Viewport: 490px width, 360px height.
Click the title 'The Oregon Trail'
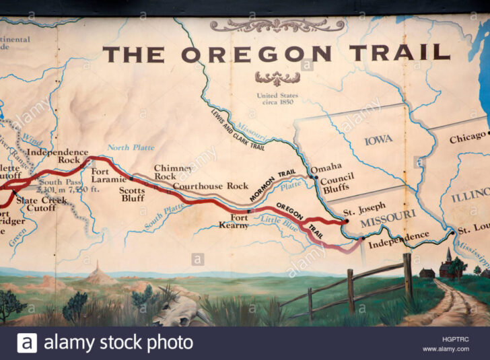point(276,54)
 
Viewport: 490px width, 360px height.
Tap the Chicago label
point(466,138)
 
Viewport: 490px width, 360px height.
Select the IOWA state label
point(378,141)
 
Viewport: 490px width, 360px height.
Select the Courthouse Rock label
point(211,186)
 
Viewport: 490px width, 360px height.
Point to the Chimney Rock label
point(174,172)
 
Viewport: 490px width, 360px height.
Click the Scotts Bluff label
point(133,194)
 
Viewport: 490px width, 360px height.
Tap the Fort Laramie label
point(110,176)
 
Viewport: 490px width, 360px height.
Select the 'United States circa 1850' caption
point(277,100)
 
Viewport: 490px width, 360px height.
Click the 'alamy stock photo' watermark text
point(118,343)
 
